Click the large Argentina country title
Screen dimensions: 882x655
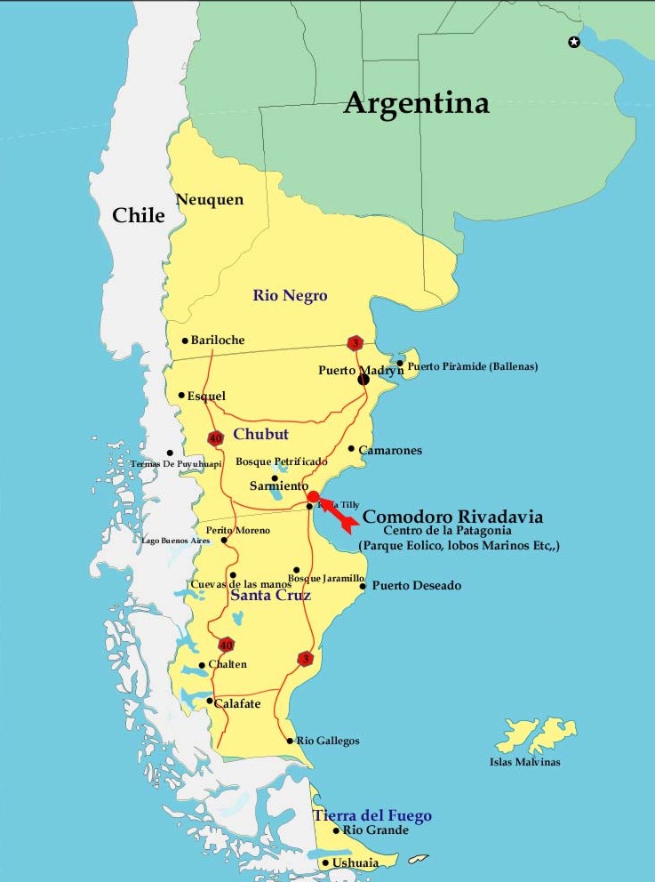click(x=416, y=103)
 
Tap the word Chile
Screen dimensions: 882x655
click(x=139, y=215)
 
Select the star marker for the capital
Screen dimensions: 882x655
click(x=574, y=42)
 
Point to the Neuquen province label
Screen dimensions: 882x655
click(x=210, y=200)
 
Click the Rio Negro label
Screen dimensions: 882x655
click(x=290, y=296)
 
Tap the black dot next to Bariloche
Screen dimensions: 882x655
click(x=185, y=341)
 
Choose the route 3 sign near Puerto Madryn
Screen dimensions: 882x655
click(x=355, y=343)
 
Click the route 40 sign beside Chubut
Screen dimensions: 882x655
click(x=215, y=437)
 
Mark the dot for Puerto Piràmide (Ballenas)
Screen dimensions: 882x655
click(x=400, y=363)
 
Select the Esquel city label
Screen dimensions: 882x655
click(x=206, y=396)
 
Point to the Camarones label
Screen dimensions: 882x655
click(x=390, y=451)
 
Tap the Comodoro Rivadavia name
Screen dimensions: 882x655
click(x=452, y=517)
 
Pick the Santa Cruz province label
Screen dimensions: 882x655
click(x=270, y=595)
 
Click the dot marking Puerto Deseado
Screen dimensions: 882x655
click(x=363, y=586)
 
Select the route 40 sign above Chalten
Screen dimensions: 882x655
click(x=226, y=645)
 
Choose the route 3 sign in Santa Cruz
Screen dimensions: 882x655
click(x=304, y=658)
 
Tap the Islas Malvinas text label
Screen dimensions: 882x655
click(x=525, y=762)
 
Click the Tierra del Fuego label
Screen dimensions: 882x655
click(x=371, y=815)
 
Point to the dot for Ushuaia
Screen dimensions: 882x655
click(x=325, y=862)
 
